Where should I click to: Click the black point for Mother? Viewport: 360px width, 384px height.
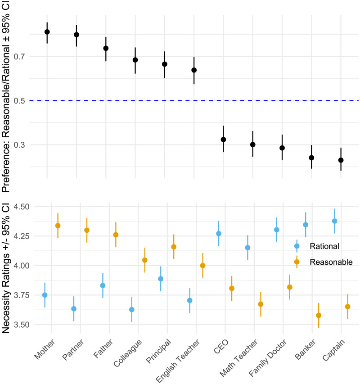click(x=47, y=32)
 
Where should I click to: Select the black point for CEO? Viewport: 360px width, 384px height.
click(x=223, y=140)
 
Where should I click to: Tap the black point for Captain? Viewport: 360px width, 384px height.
click(x=341, y=160)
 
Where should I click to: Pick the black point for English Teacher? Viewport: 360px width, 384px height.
click(x=194, y=70)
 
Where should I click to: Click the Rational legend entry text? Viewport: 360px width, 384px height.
click(x=324, y=246)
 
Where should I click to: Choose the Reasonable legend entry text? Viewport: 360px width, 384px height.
click(x=331, y=262)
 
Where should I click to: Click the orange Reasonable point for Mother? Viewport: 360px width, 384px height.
click(x=58, y=226)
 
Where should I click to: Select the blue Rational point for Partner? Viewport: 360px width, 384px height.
click(x=74, y=309)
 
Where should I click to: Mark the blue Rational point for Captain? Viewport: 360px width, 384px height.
click(x=334, y=221)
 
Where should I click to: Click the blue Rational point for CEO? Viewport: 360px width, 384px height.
click(x=219, y=234)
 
